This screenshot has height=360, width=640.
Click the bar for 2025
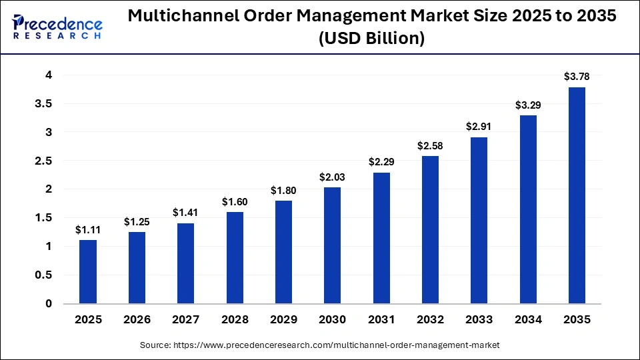click(x=88, y=271)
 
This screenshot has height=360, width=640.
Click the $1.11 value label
click(x=88, y=230)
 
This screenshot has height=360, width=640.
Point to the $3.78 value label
click(x=577, y=77)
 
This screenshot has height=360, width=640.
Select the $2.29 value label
click(x=381, y=162)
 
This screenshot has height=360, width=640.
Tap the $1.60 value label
click(x=235, y=201)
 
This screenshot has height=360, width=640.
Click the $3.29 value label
click(x=528, y=105)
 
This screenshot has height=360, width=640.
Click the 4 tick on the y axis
click(x=48, y=75)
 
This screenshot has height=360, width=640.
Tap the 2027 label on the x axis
click(x=185, y=320)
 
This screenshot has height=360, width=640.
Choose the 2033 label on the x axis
click(x=479, y=320)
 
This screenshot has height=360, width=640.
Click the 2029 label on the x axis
click(x=283, y=320)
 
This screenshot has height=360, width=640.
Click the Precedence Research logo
click(x=57, y=27)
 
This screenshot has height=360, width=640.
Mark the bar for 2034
click(x=528, y=209)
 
